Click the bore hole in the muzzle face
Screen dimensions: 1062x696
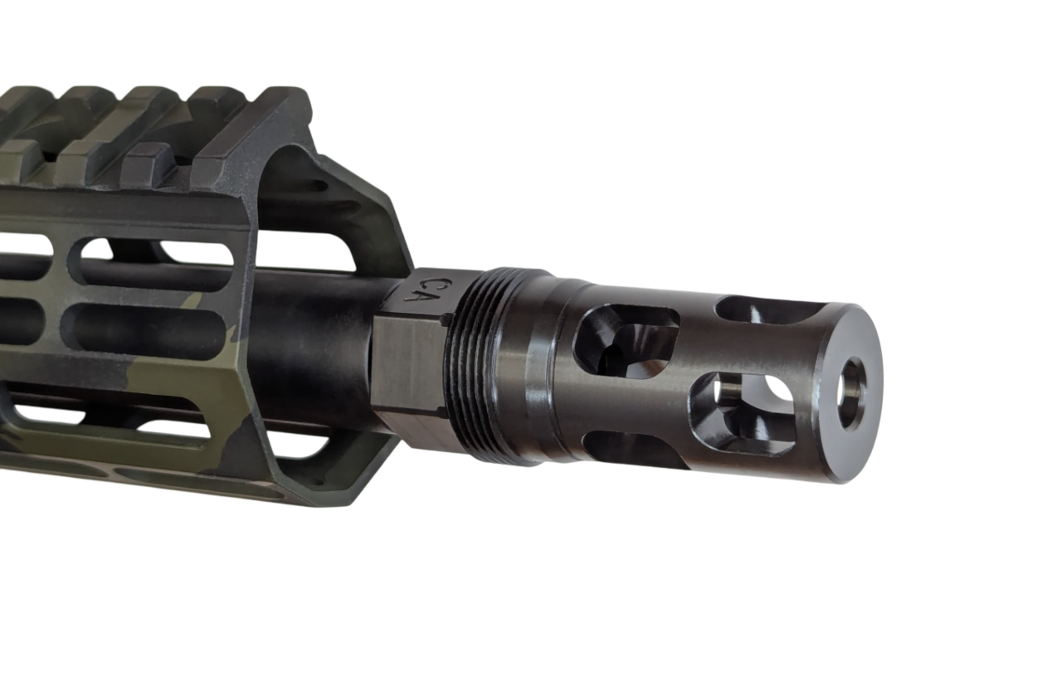pos(852,394)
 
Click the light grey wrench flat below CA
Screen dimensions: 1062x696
pos(407,365)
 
